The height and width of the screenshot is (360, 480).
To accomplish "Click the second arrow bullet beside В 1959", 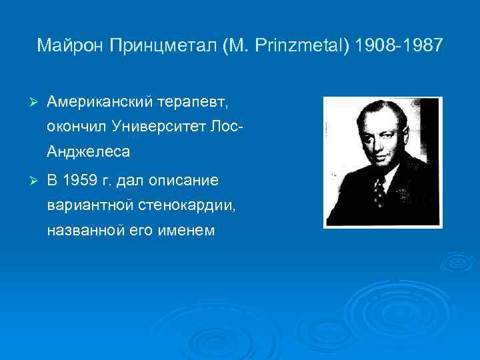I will tap(28, 181).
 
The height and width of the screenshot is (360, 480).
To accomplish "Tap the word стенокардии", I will tap(182, 206).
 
